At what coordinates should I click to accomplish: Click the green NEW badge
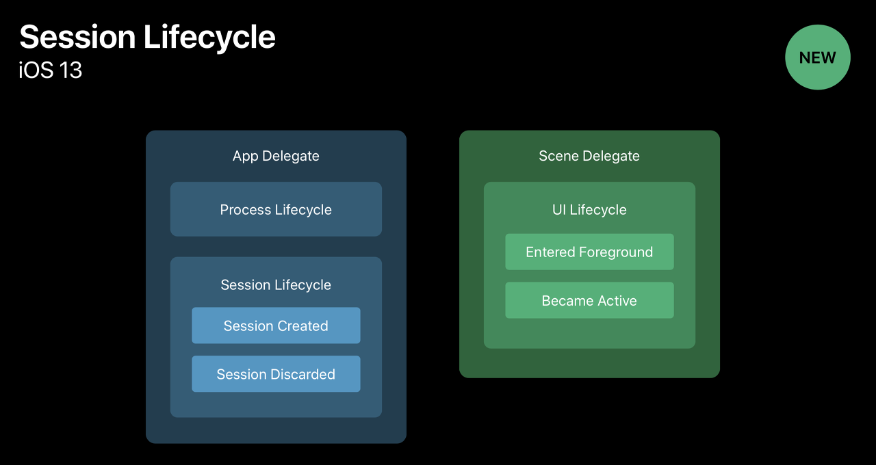tap(817, 57)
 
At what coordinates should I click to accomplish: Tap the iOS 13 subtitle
tap(51, 70)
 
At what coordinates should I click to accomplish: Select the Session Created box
tap(276, 325)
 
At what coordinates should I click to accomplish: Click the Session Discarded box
tap(276, 374)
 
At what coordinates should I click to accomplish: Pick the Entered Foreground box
tap(589, 252)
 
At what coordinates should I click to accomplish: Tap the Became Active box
tap(589, 301)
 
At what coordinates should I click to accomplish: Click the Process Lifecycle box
tap(276, 209)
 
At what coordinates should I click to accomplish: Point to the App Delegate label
tap(276, 156)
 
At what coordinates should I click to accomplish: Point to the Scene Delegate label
tap(589, 156)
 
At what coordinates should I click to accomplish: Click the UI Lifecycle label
tap(589, 210)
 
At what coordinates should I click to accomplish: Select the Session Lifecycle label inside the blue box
tap(276, 285)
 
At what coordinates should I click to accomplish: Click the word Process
tap(245, 210)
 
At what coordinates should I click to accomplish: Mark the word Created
tap(302, 326)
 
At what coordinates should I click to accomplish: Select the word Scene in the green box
tap(556, 156)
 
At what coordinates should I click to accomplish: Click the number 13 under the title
tap(70, 70)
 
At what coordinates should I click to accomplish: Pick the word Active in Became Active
tap(615, 301)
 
